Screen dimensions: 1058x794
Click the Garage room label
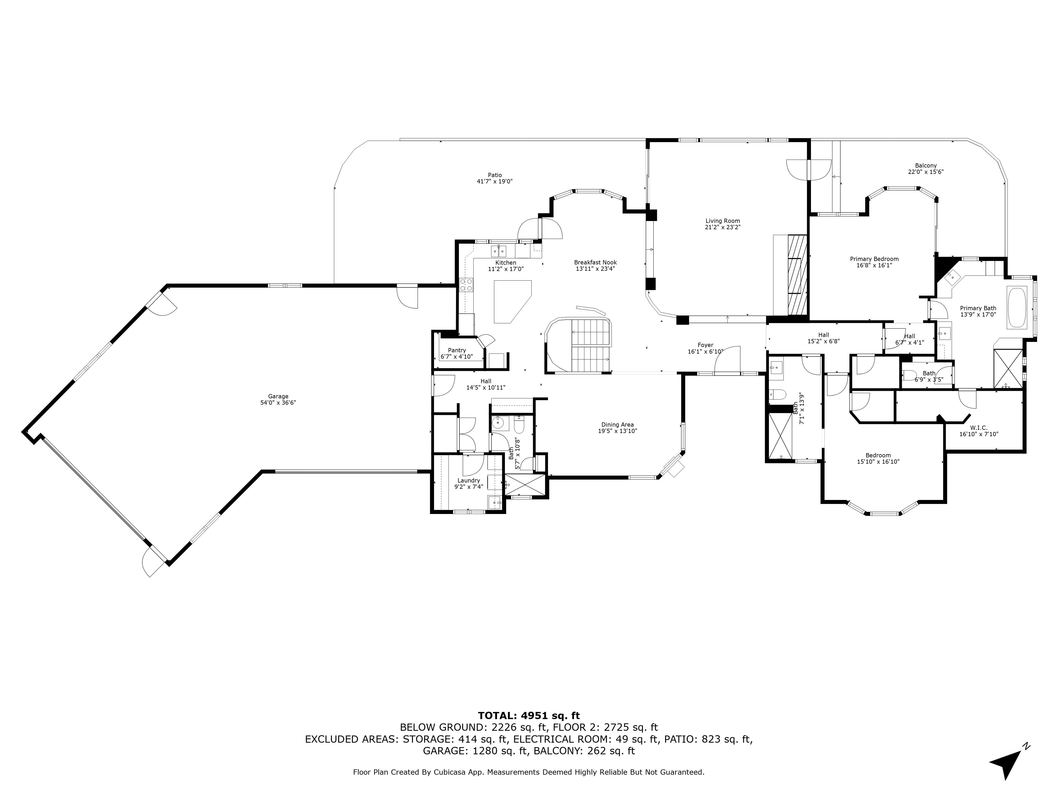tap(278, 396)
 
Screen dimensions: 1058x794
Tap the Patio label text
tap(495, 175)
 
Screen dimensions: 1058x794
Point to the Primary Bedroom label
tap(874, 259)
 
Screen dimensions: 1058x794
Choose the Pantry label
tap(457, 350)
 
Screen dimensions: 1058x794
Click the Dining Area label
tap(618, 425)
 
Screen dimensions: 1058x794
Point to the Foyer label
tap(705, 345)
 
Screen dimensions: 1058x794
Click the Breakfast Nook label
tap(595, 262)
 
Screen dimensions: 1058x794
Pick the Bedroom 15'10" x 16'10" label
tap(878, 458)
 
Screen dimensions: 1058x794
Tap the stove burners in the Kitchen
tap(466, 285)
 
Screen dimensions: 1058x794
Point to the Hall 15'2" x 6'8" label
tap(824, 338)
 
